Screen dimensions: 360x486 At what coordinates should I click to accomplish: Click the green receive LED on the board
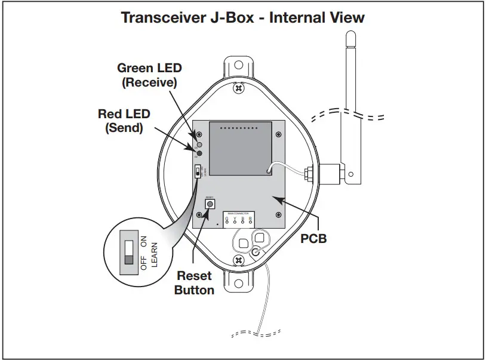pyautogui.click(x=199, y=144)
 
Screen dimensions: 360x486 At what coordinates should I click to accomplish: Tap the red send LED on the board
pyautogui.click(x=199, y=153)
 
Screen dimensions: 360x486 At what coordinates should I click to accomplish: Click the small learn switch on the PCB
pyautogui.click(x=198, y=172)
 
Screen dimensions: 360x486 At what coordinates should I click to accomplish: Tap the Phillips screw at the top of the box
pyautogui.click(x=239, y=88)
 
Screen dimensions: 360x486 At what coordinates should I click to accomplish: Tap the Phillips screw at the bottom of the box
pyautogui.click(x=239, y=261)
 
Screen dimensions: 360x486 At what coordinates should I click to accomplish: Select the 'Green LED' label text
pyautogui.click(x=149, y=69)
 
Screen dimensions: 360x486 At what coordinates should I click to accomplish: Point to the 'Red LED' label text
pyautogui.click(x=124, y=113)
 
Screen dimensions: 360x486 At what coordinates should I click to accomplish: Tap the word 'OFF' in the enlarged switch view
pyautogui.click(x=143, y=263)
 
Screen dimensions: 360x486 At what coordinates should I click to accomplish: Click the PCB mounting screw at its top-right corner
pyautogui.click(x=278, y=133)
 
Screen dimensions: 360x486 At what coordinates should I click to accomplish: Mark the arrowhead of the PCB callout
pyautogui.click(x=274, y=197)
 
